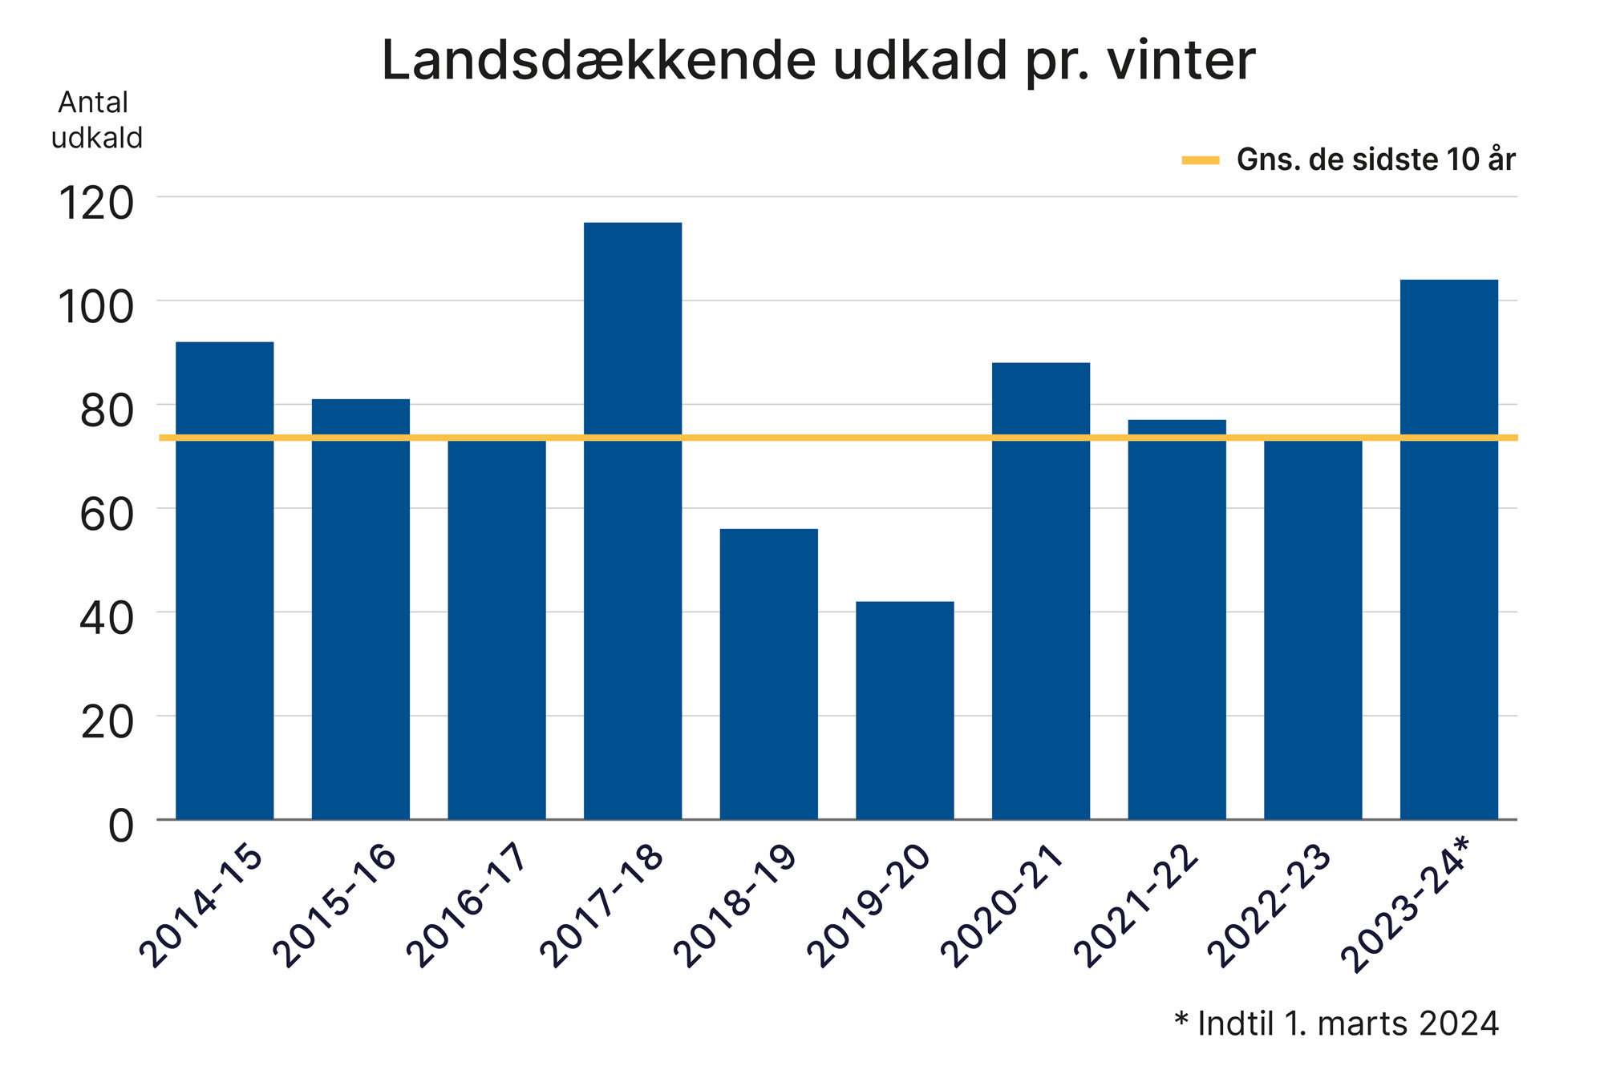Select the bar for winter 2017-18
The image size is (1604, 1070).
tap(633, 521)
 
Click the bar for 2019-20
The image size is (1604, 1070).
tap(905, 710)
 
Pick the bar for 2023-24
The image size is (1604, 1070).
tap(1448, 549)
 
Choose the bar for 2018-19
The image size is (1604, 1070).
tap(768, 673)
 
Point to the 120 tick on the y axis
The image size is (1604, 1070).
tap(96, 204)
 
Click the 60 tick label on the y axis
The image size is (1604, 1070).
tap(106, 515)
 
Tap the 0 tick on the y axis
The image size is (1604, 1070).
tap(121, 826)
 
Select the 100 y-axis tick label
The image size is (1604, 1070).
tap(96, 307)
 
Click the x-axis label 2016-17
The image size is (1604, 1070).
tap(467, 904)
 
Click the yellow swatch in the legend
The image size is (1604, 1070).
tap(1200, 161)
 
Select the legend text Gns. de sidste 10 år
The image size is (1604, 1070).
tap(1375, 160)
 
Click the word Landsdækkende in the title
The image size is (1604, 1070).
tap(598, 61)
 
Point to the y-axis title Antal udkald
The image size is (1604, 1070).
tap(95, 120)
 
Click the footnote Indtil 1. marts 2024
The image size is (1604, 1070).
tap(1347, 1024)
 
